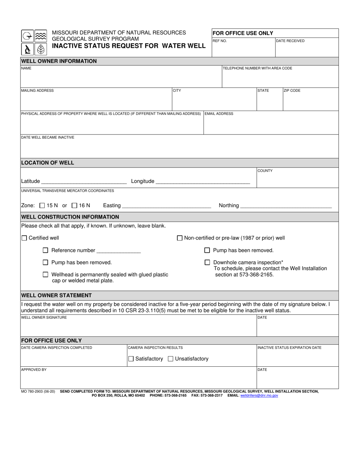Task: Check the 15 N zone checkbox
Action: [x=42, y=205]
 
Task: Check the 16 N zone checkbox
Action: [x=74, y=205]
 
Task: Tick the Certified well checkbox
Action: [x=24, y=238]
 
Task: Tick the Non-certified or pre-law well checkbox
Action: [x=180, y=238]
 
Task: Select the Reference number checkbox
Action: [x=45, y=250]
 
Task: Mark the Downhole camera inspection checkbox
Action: [x=207, y=262]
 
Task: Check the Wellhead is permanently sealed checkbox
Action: [x=45, y=274]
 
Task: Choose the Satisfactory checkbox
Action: [x=131, y=358]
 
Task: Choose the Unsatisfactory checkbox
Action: [x=171, y=358]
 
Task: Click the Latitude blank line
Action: [x=84, y=181]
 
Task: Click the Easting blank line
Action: [x=166, y=206]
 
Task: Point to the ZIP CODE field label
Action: [x=292, y=91]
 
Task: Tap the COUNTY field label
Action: [x=265, y=171]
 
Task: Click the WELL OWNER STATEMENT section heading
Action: [x=56, y=295]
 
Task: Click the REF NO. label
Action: [x=220, y=41]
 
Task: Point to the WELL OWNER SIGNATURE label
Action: [x=44, y=317]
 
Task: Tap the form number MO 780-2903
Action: [x=38, y=391]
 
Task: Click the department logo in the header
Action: [x=34, y=42]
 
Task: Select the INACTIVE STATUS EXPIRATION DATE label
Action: [x=289, y=347]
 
